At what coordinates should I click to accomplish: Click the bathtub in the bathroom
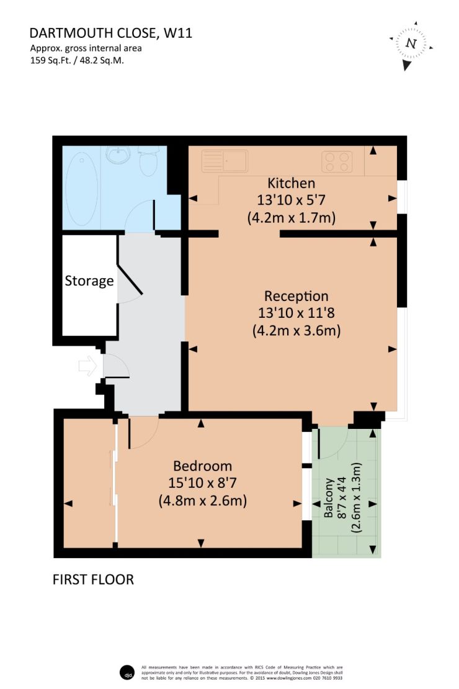pos(82,189)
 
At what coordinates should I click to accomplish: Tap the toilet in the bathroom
pos(148,161)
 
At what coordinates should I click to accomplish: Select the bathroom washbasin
pos(118,155)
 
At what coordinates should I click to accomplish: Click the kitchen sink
pos(225,161)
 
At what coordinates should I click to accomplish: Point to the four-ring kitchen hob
pos(337,161)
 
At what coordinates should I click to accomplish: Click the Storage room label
pos(89,281)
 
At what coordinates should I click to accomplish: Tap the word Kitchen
pos(291,182)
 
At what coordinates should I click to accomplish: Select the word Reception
pos(296,297)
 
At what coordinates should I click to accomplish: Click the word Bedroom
pos(202,466)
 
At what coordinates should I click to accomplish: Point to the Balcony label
pos(329,497)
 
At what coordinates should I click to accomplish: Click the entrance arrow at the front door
pos(88,366)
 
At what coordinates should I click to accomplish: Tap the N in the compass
pos(411,43)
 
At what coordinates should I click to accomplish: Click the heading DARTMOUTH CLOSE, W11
pos(110,33)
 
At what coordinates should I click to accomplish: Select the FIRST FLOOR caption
pos(93,580)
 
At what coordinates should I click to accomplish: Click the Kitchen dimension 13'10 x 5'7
pos(291,200)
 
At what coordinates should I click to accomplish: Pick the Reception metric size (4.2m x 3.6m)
pos(296,330)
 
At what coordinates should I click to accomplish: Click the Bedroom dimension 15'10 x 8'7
pos(202,483)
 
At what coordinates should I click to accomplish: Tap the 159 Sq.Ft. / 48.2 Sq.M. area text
pos(77,60)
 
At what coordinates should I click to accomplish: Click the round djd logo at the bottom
pos(126,672)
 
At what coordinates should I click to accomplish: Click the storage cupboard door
pos(130,279)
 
